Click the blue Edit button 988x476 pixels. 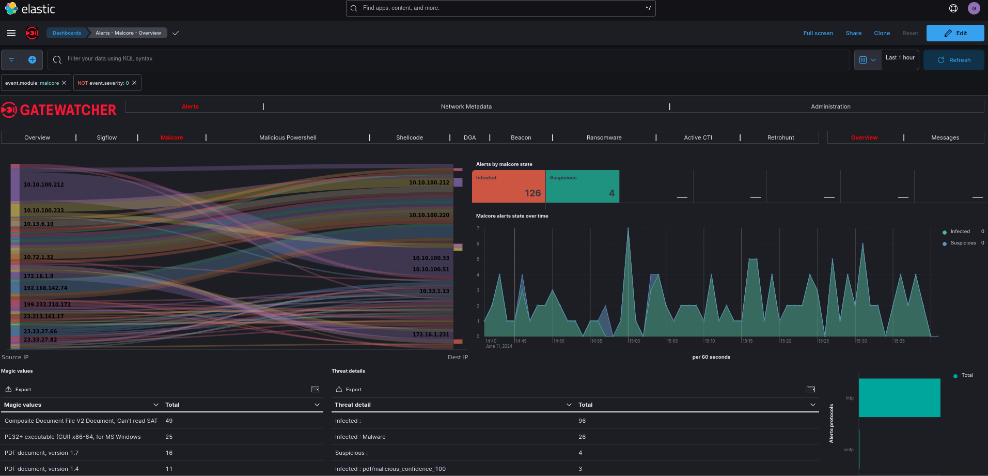[x=955, y=33]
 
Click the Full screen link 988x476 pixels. [x=818, y=33]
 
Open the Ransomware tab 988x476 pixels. [x=604, y=137]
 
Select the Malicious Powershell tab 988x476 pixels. [x=288, y=137]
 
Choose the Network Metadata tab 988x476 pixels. [x=466, y=106]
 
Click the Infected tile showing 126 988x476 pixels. [x=509, y=187]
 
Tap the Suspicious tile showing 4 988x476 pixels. [x=582, y=187]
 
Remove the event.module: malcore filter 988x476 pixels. [x=64, y=83]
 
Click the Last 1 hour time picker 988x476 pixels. [x=900, y=58]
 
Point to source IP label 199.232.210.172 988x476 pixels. [x=47, y=304]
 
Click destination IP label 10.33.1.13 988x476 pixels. [x=434, y=291]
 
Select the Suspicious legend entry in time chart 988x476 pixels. [x=963, y=243]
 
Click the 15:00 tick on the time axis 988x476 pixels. [x=634, y=341]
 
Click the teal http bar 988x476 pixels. [x=899, y=397]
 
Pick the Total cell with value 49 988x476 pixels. [x=169, y=421]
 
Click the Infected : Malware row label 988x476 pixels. [x=360, y=437]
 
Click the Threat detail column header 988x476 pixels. [x=353, y=405]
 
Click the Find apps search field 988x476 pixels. [x=500, y=8]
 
